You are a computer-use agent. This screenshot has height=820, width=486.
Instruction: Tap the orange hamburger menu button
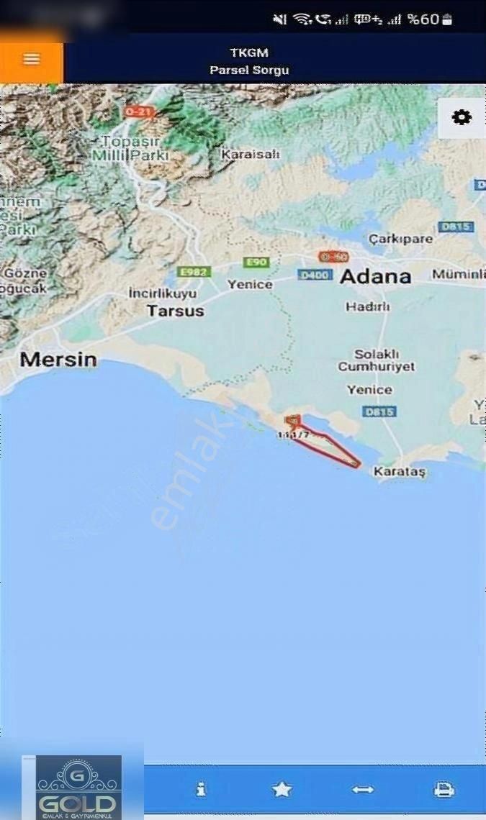click(31, 60)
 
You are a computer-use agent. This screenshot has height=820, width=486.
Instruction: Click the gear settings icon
click(462, 117)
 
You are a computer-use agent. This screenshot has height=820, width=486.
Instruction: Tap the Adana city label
click(375, 277)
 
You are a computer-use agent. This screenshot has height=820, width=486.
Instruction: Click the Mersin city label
click(58, 360)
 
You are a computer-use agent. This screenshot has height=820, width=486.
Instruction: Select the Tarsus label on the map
click(175, 311)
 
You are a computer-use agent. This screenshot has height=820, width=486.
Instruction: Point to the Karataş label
click(400, 472)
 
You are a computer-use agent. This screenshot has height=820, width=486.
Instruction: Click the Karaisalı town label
click(250, 155)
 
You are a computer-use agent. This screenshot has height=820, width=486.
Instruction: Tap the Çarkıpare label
click(400, 239)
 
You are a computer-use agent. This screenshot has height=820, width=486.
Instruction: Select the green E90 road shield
click(256, 263)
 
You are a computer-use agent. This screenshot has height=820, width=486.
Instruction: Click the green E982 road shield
click(192, 271)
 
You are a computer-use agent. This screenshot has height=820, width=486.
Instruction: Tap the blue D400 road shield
click(315, 275)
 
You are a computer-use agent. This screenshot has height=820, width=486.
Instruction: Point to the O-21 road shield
click(139, 111)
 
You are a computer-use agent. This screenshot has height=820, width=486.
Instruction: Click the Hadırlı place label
click(367, 306)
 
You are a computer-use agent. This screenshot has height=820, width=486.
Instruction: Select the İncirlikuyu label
click(162, 293)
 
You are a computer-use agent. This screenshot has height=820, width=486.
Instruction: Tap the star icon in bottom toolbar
click(282, 789)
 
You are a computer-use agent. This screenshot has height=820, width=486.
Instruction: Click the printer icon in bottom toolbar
click(444, 789)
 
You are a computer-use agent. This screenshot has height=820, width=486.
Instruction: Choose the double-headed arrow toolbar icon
click(362, 789)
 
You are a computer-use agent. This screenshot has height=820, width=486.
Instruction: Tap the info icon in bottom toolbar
click(201, 789)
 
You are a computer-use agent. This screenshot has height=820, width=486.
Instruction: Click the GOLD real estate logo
click(76, 788)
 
